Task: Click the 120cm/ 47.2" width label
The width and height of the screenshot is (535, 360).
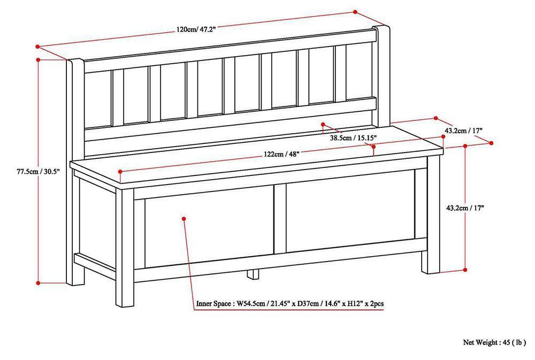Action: pyautogui.click(x=196, y=30)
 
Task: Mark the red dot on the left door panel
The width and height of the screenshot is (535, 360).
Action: pyautogui.click(x=183, y=218)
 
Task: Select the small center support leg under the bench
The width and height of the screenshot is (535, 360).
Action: pyautogui.click(x=253, y=275)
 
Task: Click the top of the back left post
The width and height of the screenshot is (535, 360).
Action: pyautogui.click(x=75, y=62)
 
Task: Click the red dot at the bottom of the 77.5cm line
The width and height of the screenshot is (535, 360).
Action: pyautogui.click(x=39, y=282)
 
